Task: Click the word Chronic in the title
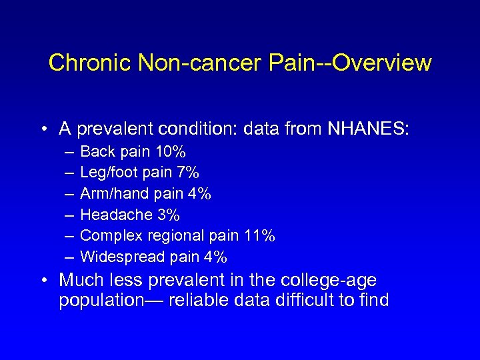click(91, 63)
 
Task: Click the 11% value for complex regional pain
click(260, 235)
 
